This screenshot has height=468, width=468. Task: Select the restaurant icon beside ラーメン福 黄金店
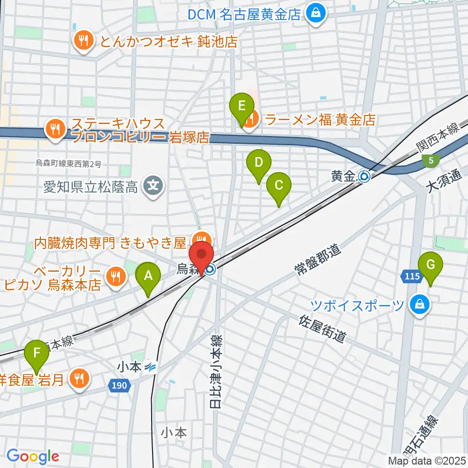(250, 118)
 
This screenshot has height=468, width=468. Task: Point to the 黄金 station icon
(364, 176)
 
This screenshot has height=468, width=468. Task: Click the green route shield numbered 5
(431, 159)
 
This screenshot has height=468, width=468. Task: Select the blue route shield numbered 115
(412, 276)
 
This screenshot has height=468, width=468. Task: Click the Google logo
(33, 457)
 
